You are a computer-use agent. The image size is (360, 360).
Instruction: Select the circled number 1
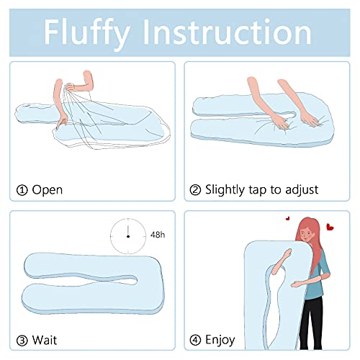click(22, 190)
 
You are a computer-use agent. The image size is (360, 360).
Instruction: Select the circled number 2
click(195, 190)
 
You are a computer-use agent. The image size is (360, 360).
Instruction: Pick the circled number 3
click(22, 340)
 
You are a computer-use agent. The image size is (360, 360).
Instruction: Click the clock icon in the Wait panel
click(128, 235)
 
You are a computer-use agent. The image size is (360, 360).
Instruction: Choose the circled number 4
click(195, 340)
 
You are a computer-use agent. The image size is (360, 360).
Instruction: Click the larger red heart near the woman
click(330, 227)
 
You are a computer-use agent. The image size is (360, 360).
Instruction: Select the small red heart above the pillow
click(287, 217)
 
